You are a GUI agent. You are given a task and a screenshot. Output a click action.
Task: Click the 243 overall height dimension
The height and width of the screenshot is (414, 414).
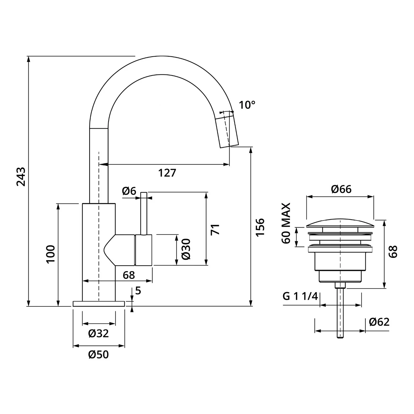point(21,177)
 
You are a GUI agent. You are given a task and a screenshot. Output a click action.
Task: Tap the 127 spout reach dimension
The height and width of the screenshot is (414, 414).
point(167,173)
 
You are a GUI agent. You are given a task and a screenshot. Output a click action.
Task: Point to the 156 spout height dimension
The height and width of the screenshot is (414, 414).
point(260,227)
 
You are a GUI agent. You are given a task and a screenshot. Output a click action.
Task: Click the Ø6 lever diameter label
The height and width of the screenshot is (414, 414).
point(129,191)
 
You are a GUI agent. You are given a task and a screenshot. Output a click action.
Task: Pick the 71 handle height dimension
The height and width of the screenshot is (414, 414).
point(216,229)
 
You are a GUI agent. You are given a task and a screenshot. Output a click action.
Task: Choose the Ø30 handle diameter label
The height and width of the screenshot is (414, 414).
point(186,249)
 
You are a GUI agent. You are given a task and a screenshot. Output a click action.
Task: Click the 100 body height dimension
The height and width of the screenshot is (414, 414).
point(51,254)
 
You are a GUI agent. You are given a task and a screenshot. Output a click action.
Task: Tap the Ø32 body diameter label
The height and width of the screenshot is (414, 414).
point(99,333)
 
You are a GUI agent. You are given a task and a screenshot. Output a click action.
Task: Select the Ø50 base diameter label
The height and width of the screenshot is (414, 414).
point(99,354)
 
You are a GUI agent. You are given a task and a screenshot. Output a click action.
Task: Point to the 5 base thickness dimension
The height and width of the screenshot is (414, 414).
point(138,290)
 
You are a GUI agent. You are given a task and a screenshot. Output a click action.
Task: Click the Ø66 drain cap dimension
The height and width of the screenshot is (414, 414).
point(341,189)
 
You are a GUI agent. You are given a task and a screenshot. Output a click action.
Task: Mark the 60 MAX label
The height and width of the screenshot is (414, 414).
point(286,223)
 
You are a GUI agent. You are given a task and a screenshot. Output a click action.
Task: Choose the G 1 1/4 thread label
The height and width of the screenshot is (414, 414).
point(300,297)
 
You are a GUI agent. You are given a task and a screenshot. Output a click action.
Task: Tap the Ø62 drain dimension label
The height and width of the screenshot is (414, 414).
point(379,322)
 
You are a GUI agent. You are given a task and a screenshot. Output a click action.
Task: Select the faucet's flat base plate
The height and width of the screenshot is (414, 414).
point(99,304)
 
